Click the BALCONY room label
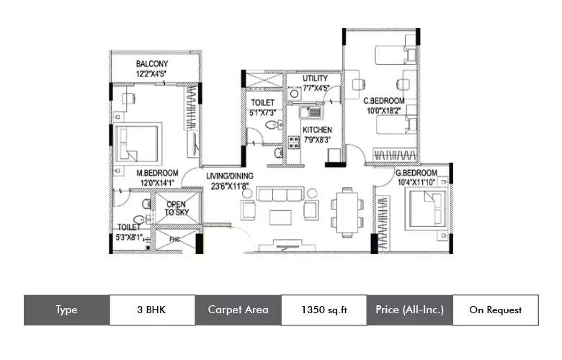[152, 63]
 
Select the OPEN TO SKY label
[176, 209]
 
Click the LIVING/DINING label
[230, 175]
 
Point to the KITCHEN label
[316, 130]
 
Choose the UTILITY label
[315, 78]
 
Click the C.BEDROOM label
[383, 101]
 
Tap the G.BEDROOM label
[416, 174]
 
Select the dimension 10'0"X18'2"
[383, 111]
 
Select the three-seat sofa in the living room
[277, 196]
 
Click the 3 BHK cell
[152, 310]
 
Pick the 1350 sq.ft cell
[323, 310]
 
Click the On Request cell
[495, 310]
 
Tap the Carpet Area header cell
[238, 310]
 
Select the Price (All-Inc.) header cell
[409, 310]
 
